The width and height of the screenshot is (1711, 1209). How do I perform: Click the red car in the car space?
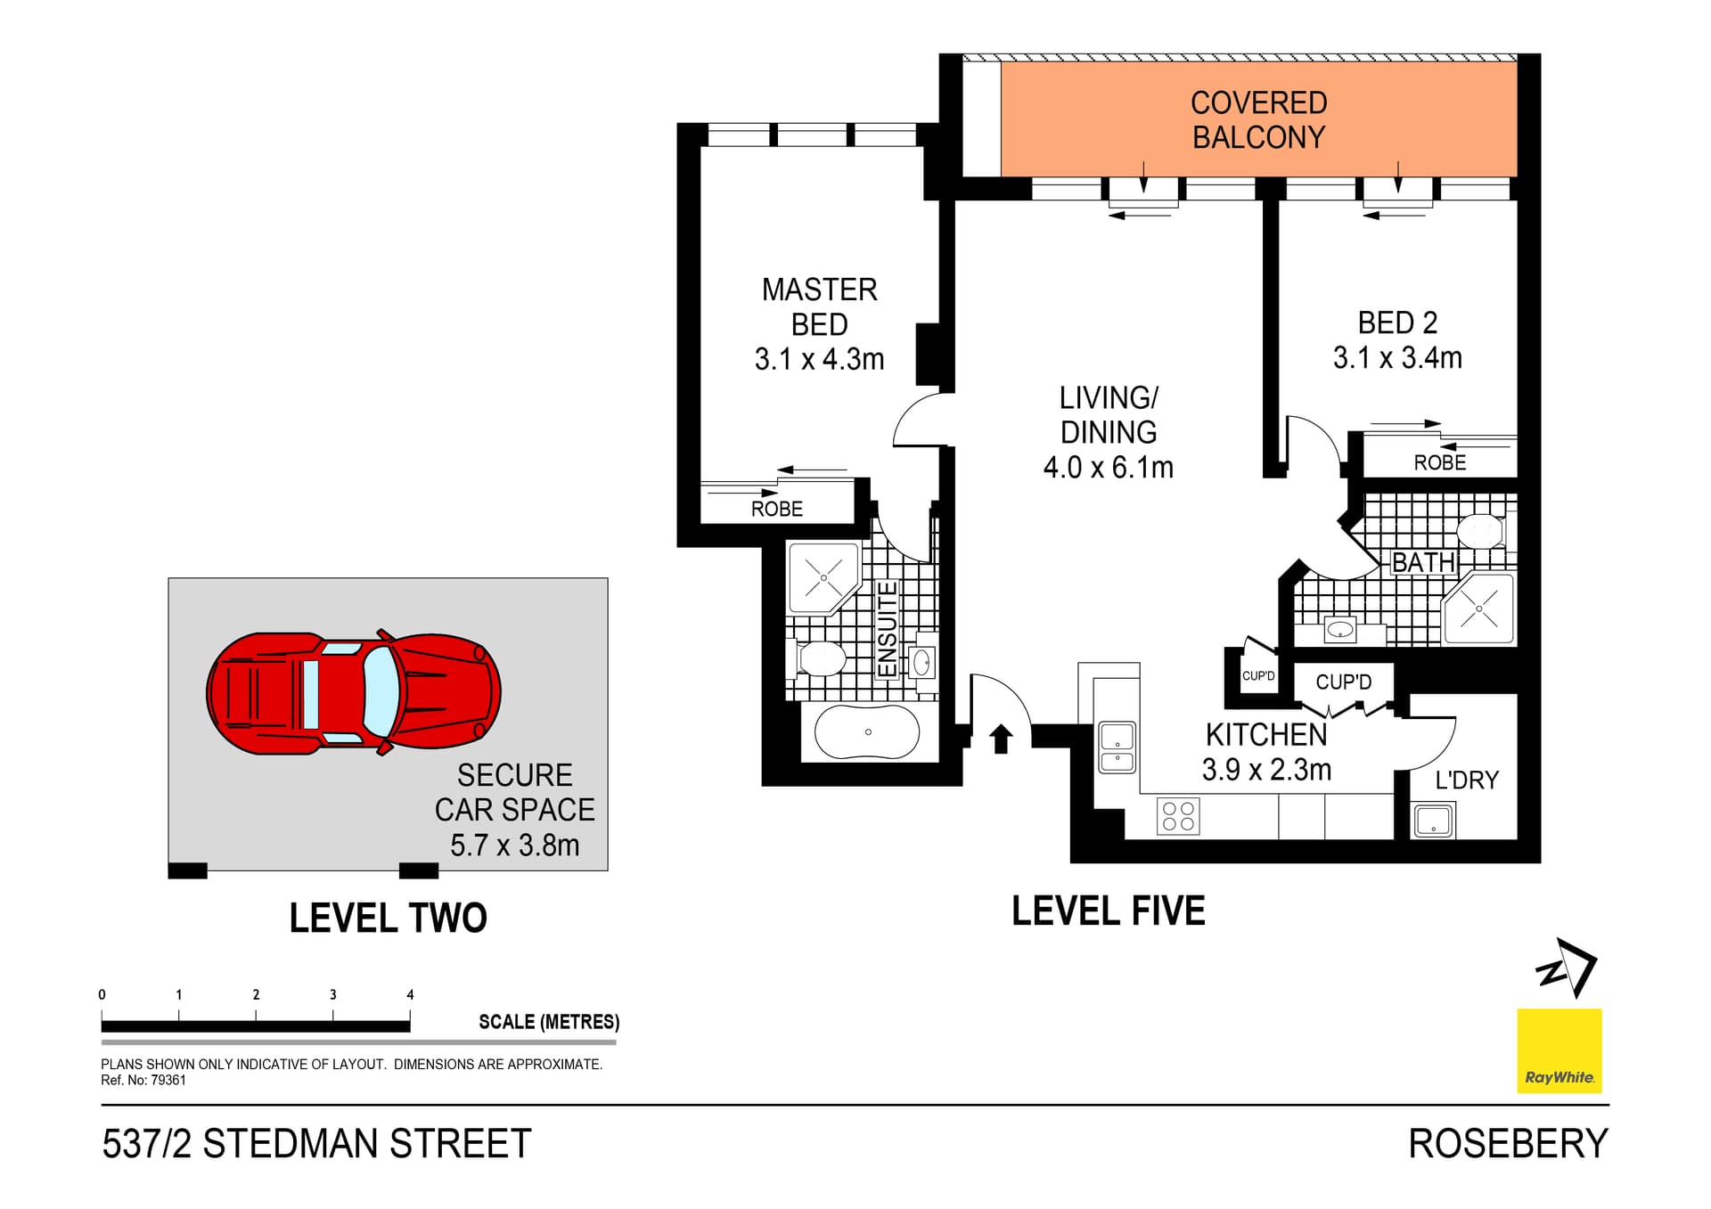point(354,693)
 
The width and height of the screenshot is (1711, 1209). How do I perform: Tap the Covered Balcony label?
point(1258,120)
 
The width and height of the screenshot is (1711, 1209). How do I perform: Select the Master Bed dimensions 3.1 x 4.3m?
point(819,360)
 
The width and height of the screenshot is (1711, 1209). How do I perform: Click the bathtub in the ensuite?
point(867,732)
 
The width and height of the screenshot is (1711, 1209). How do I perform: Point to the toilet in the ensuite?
point(818,659)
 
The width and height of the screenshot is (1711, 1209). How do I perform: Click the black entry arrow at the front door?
point(1002,739)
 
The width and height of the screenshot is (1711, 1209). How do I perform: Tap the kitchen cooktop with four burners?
point(1178,816)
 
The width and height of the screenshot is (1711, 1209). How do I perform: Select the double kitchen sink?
point(1117,747)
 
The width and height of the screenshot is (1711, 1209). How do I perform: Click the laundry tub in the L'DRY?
point(1433,820)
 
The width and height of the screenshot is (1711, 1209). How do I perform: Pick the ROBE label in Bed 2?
point(1439,462)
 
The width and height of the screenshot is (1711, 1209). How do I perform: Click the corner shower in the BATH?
point(1479,609)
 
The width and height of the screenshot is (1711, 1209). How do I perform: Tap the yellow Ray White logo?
point(1559,1051)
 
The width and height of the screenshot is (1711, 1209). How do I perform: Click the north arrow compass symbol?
point(1568,968)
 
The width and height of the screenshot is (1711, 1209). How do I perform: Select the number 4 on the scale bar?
point(410,994)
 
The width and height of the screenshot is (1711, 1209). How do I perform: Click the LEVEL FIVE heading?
point(1108,911)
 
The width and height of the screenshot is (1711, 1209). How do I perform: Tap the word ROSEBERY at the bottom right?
point(1508,1144)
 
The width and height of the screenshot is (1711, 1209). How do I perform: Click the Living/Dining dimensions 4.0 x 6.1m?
point(1108,468)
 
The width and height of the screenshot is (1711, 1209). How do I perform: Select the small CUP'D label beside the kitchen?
point(1258,676)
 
